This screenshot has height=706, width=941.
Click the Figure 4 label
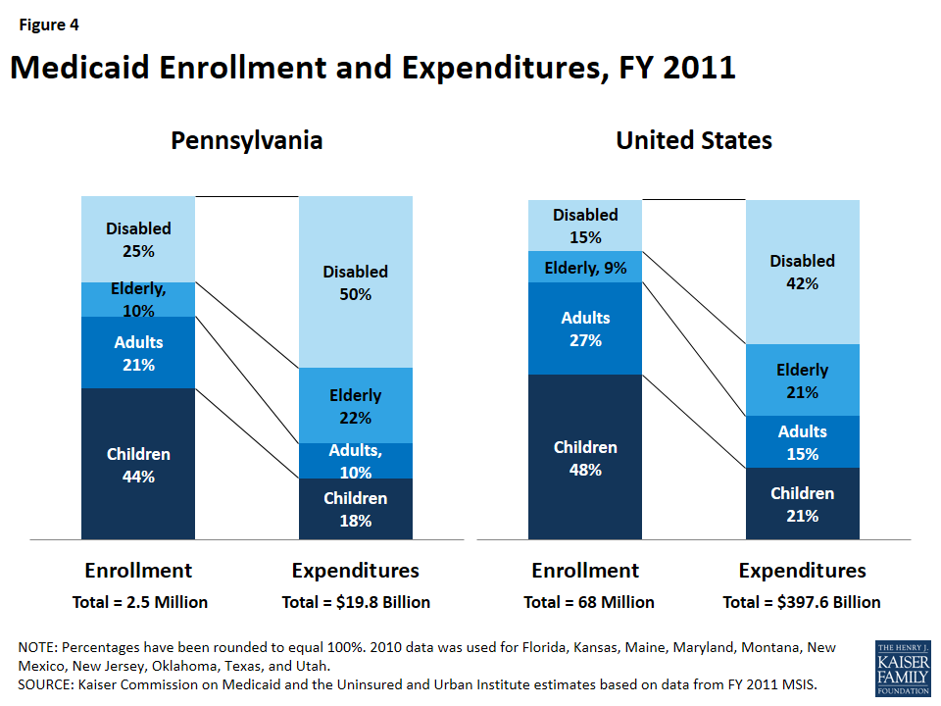tap(46, 25)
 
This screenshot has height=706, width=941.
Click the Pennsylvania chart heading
tap(246, 140)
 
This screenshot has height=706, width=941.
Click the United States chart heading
tap(693, 140)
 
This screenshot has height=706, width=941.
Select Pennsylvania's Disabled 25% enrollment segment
tap(138, 238)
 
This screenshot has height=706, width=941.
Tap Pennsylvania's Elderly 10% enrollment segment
tap(138, 299)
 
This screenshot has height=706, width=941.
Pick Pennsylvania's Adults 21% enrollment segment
tap(138, 353)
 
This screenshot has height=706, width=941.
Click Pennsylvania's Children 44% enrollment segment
tap(138, 464)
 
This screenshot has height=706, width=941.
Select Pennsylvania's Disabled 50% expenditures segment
tap(355, 282)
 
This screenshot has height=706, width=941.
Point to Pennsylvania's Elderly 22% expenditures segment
tap(355, 406)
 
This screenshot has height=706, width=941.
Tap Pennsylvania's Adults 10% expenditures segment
tap(355, 460)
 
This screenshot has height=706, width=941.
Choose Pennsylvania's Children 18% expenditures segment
tap(355, 509)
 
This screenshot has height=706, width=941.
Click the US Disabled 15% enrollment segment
tap(585, 226)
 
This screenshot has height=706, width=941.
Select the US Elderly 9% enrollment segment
tap(585, 267)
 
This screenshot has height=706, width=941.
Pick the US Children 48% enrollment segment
tap(585, 457)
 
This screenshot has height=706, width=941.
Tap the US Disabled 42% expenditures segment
tap(802, 272)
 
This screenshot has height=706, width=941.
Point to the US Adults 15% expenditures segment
tap(802, 442)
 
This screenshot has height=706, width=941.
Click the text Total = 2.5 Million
tap(139, 602)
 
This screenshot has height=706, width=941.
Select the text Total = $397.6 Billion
tap(802, 602)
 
